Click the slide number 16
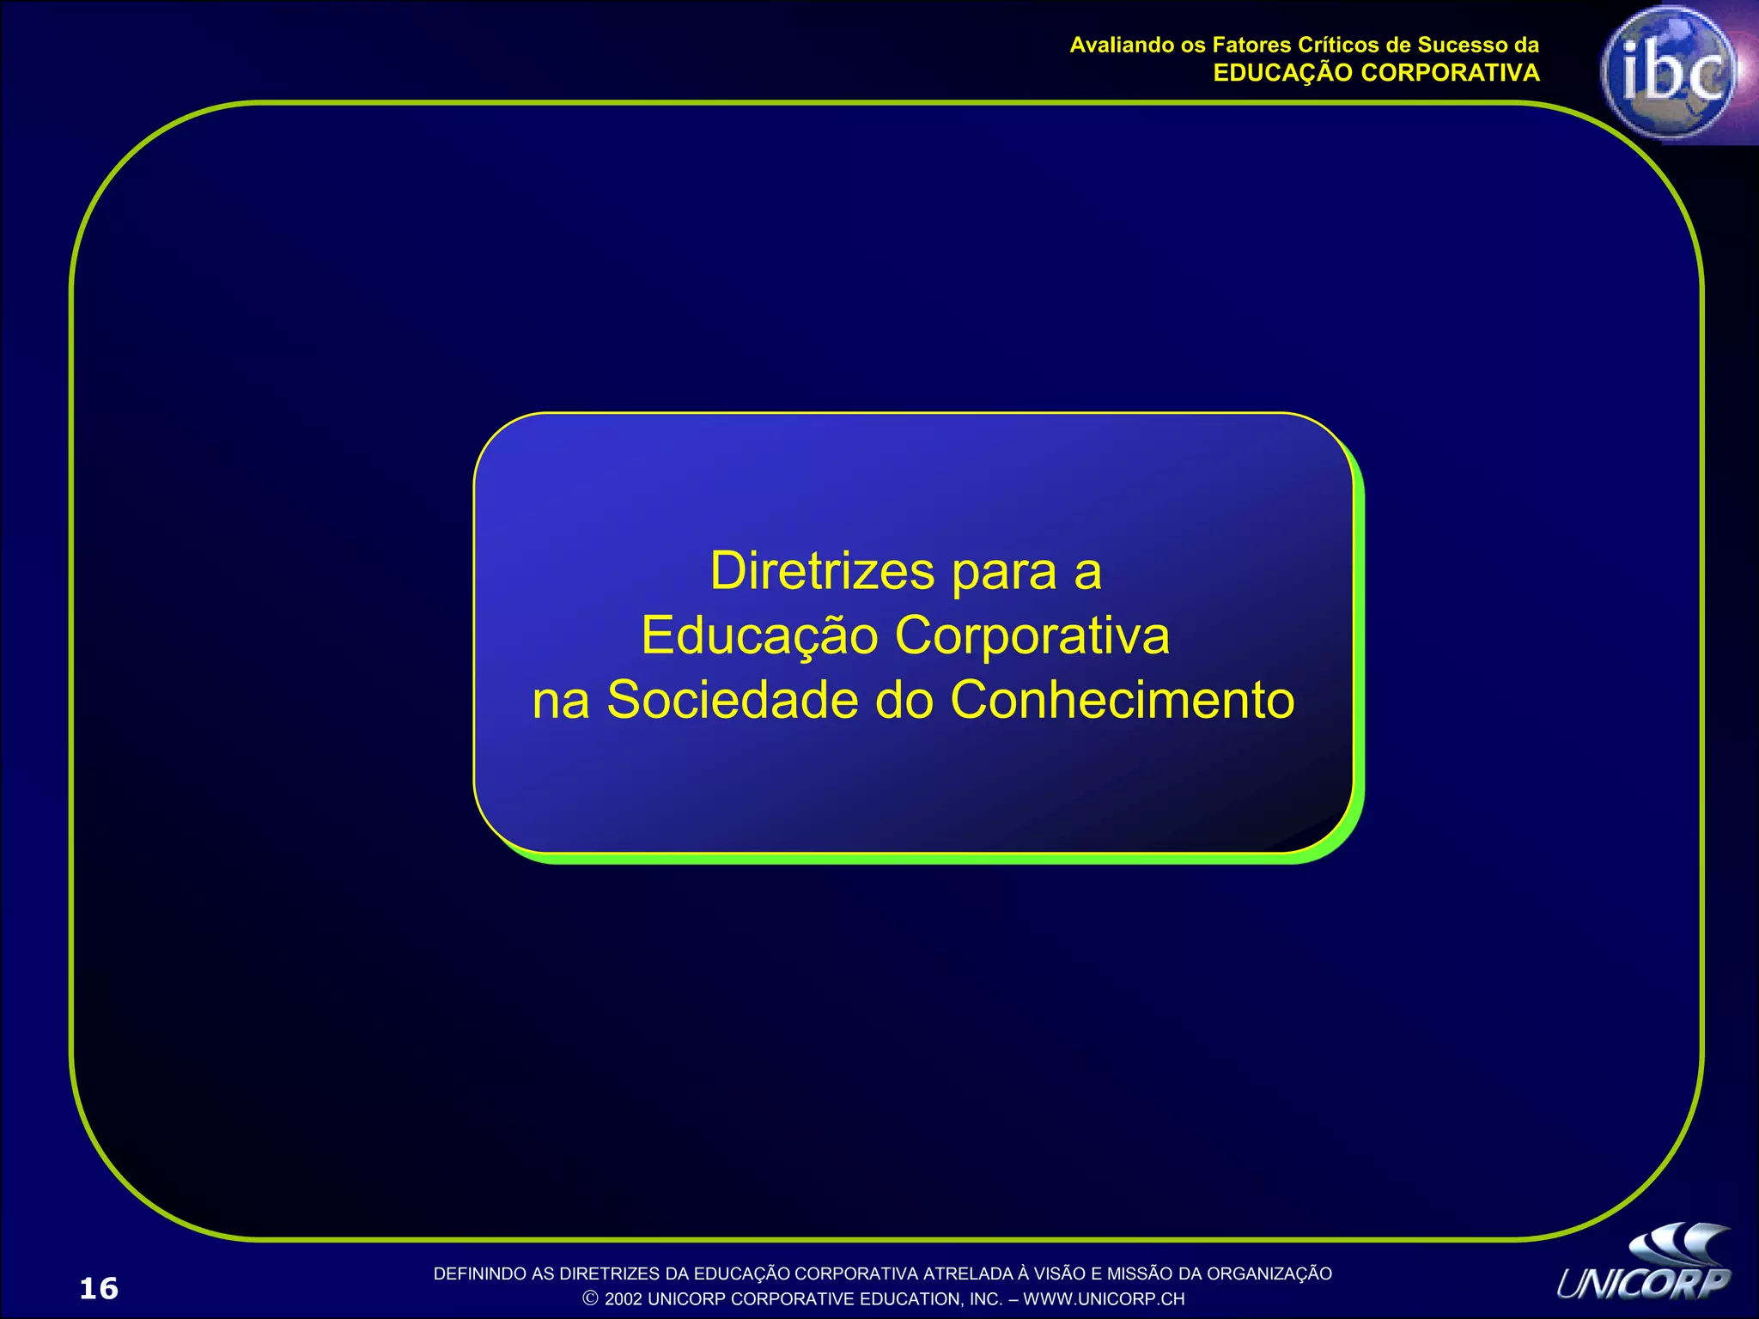pos(99,1288)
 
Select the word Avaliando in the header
pos(1117,45)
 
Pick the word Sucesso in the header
pos(1460,45)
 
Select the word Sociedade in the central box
pos(733,700)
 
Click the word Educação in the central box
pos(759,636)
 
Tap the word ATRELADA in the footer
pos(968,1273)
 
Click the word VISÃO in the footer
pos(1059,1273)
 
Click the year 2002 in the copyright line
pos(623,1299)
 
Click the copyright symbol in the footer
pos(590,1298)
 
